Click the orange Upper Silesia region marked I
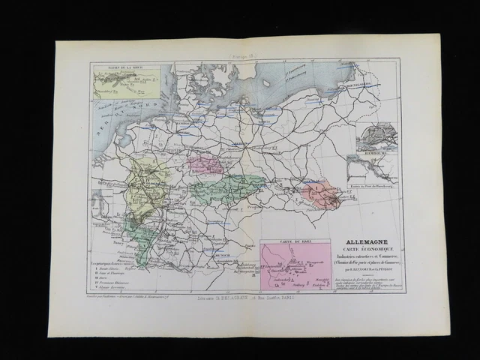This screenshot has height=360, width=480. [321, 195]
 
